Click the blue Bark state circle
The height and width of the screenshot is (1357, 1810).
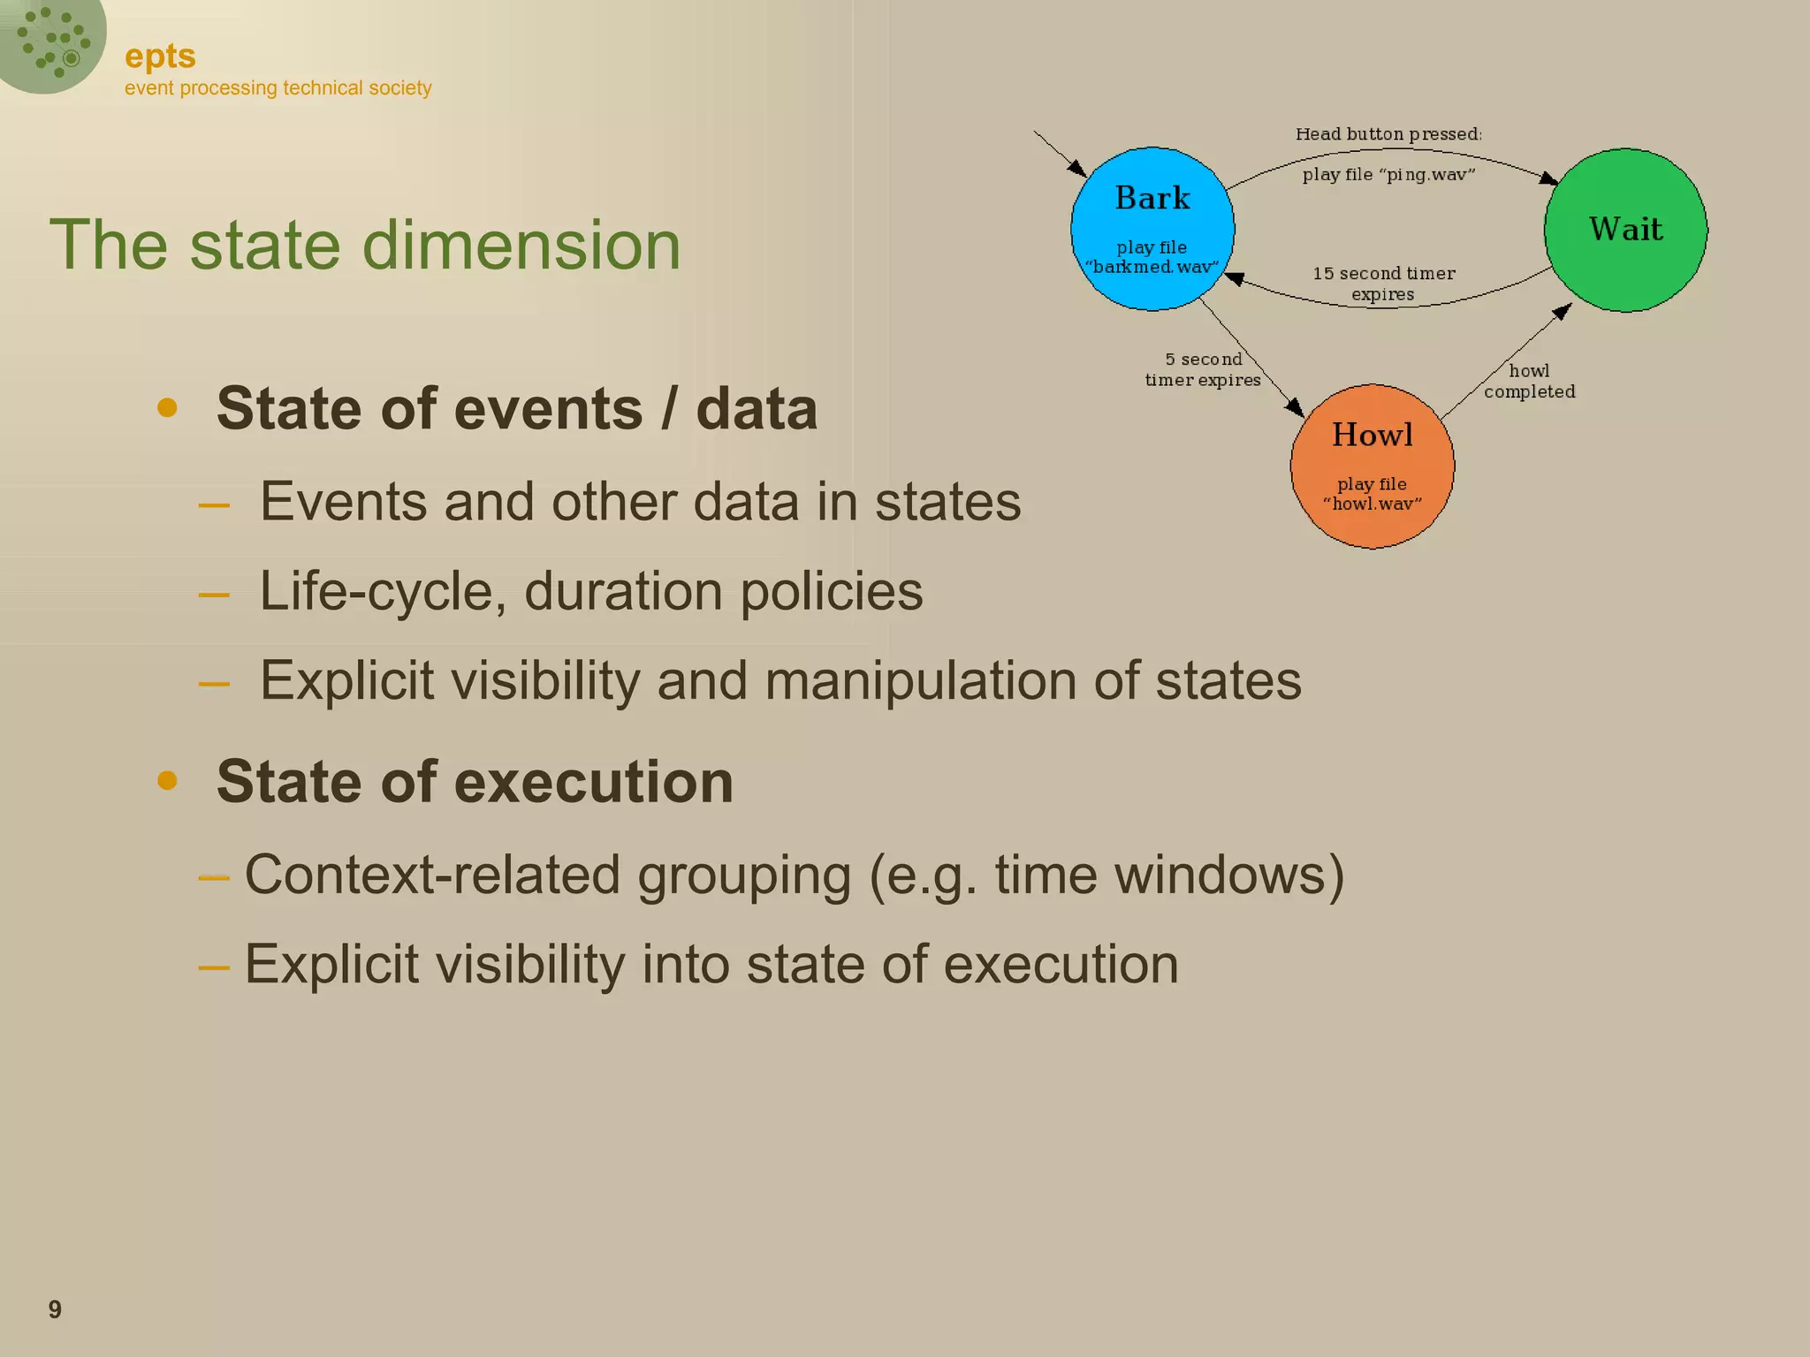(1152, 228)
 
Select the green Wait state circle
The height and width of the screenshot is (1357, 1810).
(1625, 230)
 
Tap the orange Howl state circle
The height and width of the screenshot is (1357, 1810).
(1372, 466)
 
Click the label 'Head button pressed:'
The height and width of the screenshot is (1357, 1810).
(1388, 134)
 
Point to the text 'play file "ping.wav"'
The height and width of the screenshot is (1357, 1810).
(1388, 175)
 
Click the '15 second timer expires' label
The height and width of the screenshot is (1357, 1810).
(1383, 284)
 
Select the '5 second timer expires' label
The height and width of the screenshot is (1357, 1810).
(1203, 369)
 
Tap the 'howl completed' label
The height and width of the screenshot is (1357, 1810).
(1529, 381)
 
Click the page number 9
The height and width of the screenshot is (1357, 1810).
(55, 1309)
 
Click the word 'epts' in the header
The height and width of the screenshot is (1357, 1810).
(160, 57)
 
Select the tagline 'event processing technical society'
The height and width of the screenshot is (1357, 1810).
(278, 88)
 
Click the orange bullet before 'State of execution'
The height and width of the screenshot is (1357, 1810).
(167, 781)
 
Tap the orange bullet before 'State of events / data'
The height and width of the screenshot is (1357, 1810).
(167, 408)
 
